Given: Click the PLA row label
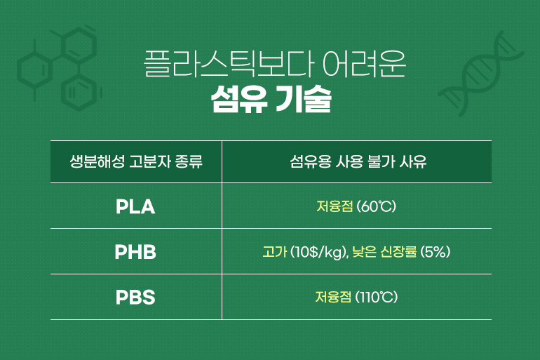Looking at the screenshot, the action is click(135, 207).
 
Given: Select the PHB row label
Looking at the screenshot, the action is click(135, 252).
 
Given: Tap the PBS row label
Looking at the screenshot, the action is click(135, 298).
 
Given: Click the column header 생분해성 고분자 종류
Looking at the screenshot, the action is click(136, 161).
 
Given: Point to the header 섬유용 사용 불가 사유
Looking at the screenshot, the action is click(358, 161).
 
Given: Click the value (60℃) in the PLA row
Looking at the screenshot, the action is click(377, 207).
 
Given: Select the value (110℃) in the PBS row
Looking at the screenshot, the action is click(377, 297).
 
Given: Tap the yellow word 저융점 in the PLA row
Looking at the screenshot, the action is click(335, 207).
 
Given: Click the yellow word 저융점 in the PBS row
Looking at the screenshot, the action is click(333, 297).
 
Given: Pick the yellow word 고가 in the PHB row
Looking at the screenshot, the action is click(274, 252).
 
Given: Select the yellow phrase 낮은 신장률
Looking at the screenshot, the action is click(384, 252).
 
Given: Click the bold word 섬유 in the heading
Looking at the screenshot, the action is click(239, 99).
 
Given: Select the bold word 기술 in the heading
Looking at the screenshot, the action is click(304, 99).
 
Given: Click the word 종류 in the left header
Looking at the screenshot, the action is click(189, 161).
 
